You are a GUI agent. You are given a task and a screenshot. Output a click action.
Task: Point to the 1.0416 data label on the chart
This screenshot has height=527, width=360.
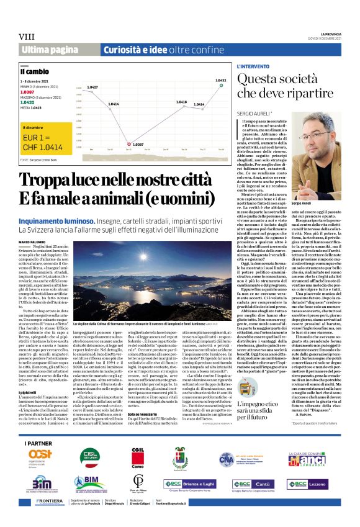[x=181, y=102]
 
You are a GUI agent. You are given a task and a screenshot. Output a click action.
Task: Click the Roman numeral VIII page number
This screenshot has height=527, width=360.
[x=27, y=37]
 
